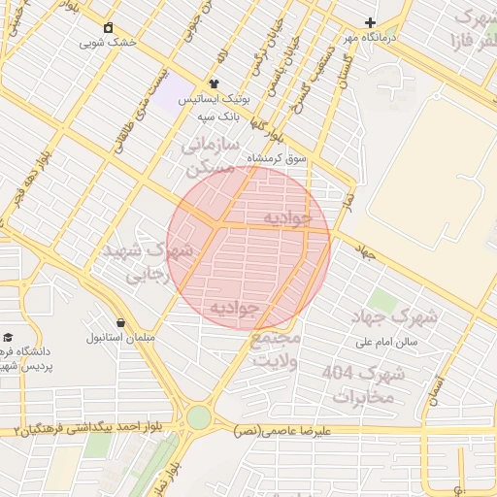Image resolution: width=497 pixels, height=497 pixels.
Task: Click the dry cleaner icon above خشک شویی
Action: coord(108,27)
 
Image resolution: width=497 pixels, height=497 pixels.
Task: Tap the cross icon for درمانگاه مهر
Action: coord(369,22)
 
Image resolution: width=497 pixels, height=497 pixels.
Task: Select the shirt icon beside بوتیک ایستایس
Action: coord(215,84)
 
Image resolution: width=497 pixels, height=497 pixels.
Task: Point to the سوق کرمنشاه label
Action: coord(276,156)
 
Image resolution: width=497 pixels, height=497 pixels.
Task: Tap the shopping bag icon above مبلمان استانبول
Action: coord(120,322)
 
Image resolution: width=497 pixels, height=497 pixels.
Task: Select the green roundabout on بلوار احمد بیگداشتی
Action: coord(199,417)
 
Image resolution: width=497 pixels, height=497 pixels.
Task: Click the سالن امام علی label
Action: coord(385,342)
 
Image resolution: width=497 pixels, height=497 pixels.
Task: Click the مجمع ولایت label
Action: coord(276,349)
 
